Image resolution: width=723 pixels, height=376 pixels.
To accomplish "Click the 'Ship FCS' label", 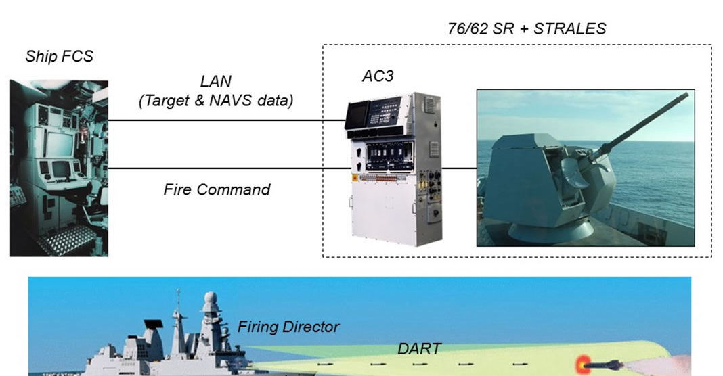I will [x=59, y=56].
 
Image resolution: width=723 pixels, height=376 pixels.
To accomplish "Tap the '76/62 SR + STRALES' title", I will [x=527, y=28].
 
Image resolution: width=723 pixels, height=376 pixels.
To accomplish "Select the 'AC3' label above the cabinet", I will [x=377, y=76].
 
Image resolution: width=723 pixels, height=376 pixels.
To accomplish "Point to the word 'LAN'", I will [x=216, y=82].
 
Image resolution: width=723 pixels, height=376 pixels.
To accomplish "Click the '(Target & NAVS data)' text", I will [x=215, y=101].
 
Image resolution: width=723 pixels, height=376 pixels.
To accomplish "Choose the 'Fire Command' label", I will [x=217, y=189].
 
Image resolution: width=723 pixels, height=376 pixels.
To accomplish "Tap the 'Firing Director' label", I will [x=288, y=327].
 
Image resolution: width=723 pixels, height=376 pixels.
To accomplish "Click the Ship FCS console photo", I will [x=59, y=168].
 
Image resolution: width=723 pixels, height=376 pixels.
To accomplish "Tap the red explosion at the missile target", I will [x=583, y=364].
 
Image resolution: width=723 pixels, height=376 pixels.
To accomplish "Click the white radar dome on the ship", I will [x=211, y=300].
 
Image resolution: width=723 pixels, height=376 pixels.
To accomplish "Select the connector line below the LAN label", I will [x=227, y=120].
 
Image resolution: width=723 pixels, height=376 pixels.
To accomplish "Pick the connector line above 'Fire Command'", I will [x=227, y=168].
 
